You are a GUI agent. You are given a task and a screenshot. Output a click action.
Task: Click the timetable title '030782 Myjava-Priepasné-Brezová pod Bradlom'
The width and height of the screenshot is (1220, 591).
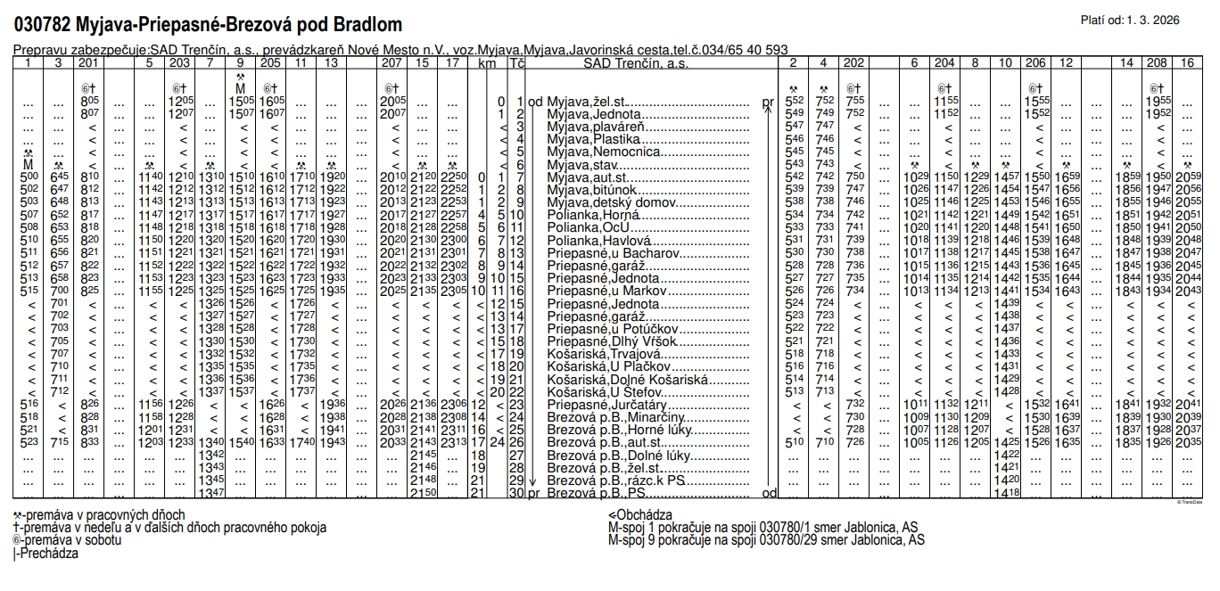click(x=208, y=24)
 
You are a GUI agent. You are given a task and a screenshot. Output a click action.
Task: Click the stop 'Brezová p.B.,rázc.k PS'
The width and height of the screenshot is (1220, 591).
click(x=614, y=480)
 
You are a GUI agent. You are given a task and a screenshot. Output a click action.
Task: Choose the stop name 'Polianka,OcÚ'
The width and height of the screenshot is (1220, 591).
click(x=582, y=228)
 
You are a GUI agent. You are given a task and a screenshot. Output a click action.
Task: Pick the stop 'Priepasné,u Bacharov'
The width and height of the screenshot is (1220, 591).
click(x=606, y=253)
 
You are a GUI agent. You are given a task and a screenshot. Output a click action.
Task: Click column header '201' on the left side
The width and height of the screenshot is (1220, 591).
click(x=88, y=63)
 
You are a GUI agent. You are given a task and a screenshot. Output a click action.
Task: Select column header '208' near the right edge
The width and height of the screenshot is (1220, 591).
click(x=1158, y=63)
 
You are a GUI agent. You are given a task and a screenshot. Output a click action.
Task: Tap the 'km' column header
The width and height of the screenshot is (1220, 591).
click(x=487, y=63)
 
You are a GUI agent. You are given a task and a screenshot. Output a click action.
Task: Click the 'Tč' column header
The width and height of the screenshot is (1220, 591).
click(x=516, y=63)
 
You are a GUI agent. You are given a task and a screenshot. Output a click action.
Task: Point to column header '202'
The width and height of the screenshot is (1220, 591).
click(x=853, y=63)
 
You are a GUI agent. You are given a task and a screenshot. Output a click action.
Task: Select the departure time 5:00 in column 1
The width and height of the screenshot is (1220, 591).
click(x=29, y=178)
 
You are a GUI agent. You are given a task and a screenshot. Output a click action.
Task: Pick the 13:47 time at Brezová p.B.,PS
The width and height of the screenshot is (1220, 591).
click(x=211, y=492)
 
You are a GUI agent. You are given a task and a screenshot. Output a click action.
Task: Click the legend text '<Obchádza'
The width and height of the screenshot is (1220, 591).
click(x=639, y=515)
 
